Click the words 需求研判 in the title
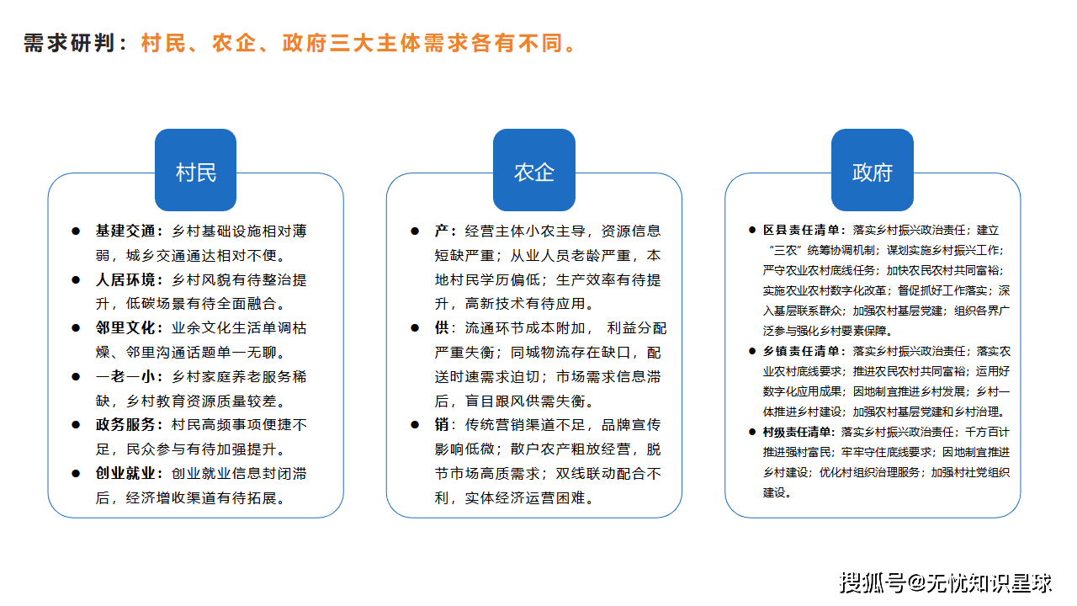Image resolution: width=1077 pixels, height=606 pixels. (x=69, y=43)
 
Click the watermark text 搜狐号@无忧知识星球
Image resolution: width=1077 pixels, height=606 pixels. (x=946, y=582)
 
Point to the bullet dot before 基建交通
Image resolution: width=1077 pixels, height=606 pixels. (x=75, y=231)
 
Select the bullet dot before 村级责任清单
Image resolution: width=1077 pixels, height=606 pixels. (x=752, y=432)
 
